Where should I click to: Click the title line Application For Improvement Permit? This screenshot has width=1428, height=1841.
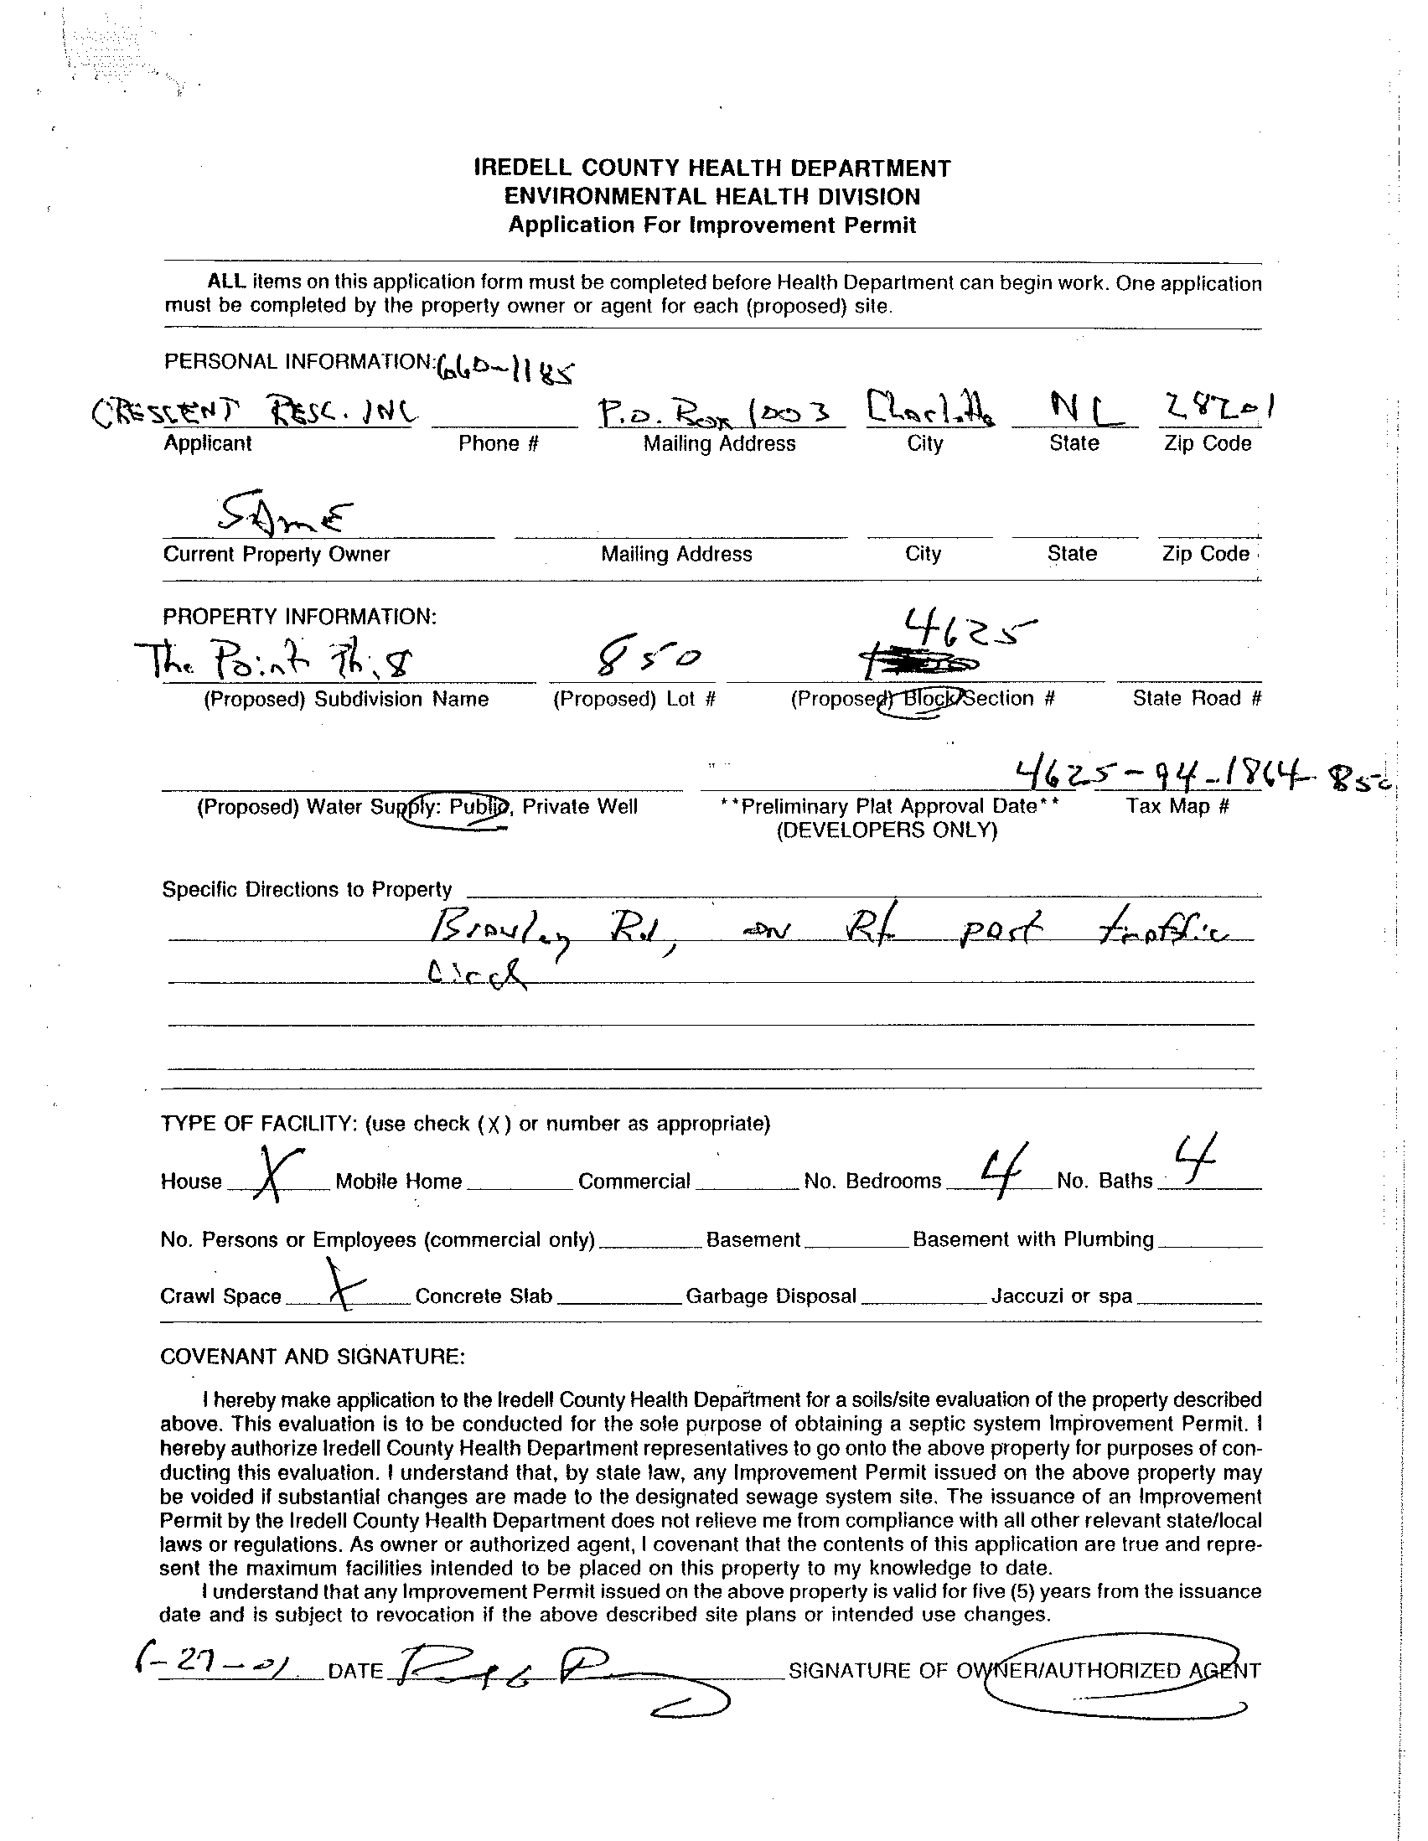click(x=712, y=225)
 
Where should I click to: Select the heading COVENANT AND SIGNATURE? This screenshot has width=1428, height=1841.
click(x=312, y=1357)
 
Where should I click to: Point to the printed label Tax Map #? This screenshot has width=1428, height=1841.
click(x=1177, y=806)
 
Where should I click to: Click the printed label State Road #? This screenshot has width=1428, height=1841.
click(x=1196, y=698)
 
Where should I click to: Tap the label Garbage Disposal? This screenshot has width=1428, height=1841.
click(x=770, y=1296)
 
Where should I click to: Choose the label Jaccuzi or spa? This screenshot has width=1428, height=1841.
click(x=1061, y=1296)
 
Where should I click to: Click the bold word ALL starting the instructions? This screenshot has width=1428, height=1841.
click(x=227, y=282)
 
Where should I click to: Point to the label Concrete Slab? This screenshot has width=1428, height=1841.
click(x=484, y=1296)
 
